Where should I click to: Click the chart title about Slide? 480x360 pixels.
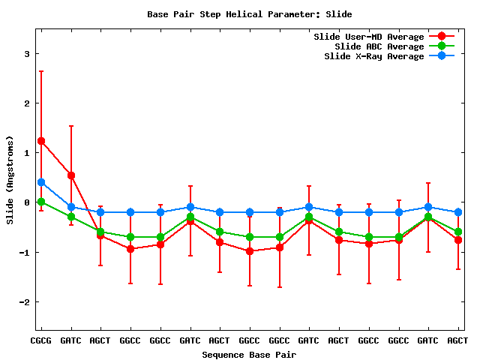pos(249,14)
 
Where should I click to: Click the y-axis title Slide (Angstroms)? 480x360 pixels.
pos(10,180)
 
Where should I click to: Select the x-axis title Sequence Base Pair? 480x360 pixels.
pos(249,354)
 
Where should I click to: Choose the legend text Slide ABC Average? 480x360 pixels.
pos(379,46)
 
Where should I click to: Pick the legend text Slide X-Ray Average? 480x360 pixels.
pos(373,56)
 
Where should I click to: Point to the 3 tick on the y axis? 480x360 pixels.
pos(26,54)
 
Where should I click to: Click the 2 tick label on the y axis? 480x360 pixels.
pos(26,103)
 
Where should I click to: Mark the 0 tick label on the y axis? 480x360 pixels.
pos(26,202)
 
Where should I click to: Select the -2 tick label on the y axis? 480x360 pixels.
pos(24,302)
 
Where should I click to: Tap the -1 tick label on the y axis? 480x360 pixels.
pos(24,253)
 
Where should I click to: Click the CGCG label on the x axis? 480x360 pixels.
pos(40,340)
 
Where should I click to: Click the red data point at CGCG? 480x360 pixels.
pos(41,141)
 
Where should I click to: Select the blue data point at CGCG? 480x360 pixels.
pos(41,182)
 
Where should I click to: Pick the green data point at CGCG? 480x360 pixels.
pos(41,202)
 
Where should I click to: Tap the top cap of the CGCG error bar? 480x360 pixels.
pos(41,71)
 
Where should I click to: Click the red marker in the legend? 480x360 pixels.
pos(442,37)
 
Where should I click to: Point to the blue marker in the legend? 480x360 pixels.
pos(442,56)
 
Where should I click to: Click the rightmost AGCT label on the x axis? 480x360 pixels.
pos(457,340)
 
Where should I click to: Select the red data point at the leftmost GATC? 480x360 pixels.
pos(71,175)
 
